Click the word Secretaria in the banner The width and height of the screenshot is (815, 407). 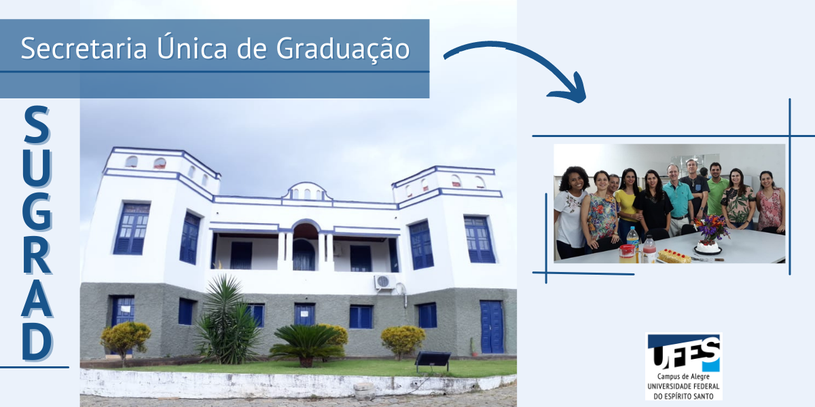(84, 48)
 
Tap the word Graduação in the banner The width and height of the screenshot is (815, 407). (343, 49)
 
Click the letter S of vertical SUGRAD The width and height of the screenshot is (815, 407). (37, 125)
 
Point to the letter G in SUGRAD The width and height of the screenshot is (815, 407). (37, 212)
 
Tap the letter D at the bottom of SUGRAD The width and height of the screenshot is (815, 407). (37, 342)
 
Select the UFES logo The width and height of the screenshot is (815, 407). (684, 367)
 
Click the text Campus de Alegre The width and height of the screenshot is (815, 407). (683, 377)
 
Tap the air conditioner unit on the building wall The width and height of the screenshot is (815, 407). (384, 282)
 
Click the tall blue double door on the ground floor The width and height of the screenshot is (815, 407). (492, 327)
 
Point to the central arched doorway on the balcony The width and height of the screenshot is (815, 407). (304, 247)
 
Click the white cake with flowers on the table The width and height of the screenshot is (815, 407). (708, 247)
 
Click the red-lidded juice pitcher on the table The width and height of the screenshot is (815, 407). (627, 253)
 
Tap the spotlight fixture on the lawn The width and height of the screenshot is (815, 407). (433, 360)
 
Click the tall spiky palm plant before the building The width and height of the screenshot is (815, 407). (226, 319)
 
